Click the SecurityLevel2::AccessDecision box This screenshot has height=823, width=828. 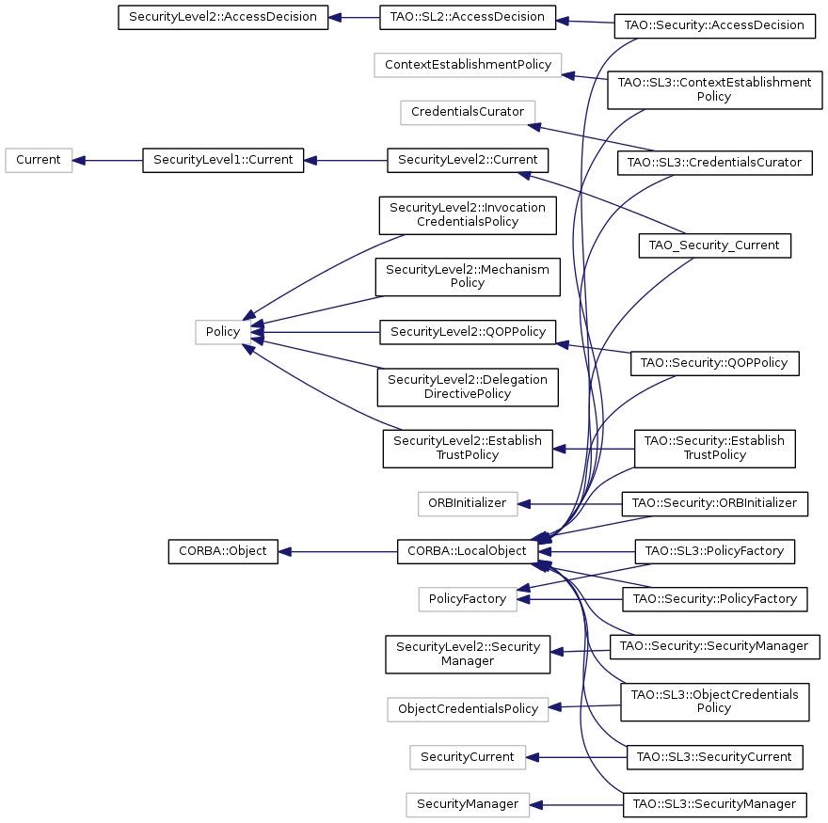click(223, 18)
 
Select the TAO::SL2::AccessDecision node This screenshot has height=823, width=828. click(468, 18)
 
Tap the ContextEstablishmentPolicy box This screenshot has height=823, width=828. click(468, 65)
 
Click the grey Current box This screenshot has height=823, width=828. click(39, 161)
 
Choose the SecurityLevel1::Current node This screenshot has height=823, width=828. click(223, 161)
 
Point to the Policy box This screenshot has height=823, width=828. click(223, 332)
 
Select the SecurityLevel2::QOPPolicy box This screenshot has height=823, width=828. click(468, 332)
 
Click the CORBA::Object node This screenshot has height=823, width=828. click(223, 552)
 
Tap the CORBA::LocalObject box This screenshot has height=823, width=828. click(468, 552)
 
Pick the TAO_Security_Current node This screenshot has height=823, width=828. click(714, 245)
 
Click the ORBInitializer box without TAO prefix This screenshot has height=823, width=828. click(468, 504)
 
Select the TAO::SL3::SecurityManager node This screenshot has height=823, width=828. click(714, 804)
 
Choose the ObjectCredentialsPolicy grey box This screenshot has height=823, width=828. click(468, 709)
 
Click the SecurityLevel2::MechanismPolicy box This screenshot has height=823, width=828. click(468, 277)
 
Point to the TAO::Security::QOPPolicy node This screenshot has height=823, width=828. click(714, 364)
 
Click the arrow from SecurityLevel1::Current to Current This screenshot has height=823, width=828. click(107, 161)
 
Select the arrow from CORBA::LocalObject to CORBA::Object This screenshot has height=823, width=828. click(338, 552)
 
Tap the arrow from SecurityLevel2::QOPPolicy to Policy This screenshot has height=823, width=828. click(314, 332)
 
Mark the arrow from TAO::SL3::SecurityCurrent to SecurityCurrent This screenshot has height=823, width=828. click(576, 757)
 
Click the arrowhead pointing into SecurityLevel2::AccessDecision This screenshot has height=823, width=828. click(335, 18)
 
